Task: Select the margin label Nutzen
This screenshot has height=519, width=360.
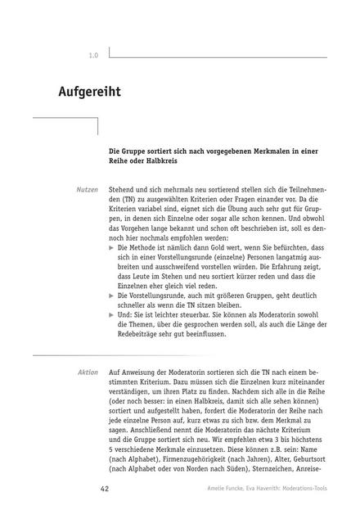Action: pyautogui.click(x=87, y=189)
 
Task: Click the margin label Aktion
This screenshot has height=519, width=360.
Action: pyautogui.click(x=88, y=372)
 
